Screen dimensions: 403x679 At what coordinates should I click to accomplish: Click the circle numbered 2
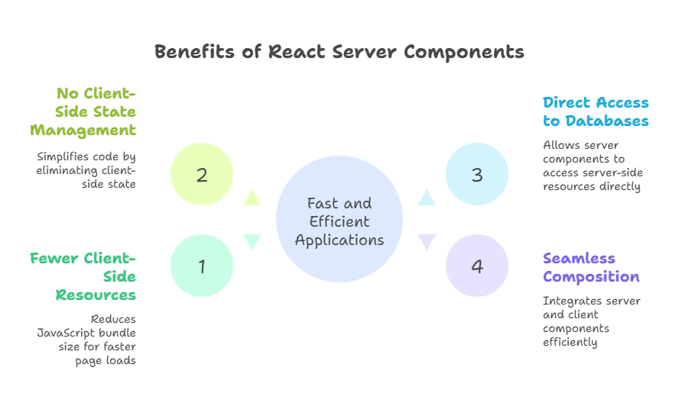202,175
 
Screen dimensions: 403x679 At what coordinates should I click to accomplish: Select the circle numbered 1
202,266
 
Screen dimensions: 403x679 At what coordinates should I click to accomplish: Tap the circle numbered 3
477,175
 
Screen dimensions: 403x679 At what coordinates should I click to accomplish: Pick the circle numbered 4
477,266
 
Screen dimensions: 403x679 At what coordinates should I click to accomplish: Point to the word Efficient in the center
339,221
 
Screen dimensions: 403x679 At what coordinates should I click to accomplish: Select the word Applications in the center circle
339,240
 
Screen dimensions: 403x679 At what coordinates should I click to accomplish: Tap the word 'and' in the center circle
358,204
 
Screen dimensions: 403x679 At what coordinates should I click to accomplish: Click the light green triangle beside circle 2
250,198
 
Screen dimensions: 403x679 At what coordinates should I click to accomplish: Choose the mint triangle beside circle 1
250,243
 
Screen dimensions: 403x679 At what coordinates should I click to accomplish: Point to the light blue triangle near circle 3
426,198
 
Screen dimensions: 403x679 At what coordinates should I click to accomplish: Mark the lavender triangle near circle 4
426,243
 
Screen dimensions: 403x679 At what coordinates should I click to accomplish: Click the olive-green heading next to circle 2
86,112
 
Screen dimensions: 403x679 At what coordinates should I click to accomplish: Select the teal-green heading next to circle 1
84,276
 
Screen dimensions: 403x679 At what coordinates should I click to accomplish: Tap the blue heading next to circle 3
597,111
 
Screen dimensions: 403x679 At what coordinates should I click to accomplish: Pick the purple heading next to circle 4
590,268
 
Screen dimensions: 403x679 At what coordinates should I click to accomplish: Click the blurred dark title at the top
339,52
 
